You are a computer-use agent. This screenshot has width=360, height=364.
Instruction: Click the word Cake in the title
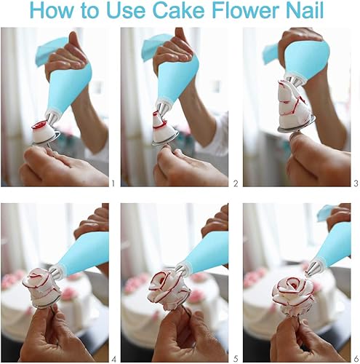click(178, 10)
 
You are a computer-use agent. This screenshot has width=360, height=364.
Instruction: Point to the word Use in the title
click(126, 10)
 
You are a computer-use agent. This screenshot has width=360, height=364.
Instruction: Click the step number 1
click(113, 183)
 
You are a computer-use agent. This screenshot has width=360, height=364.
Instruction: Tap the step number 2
click(236, 183)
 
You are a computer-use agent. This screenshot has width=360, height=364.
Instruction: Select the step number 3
click(356, 183)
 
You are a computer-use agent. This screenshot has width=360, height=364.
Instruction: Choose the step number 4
click(113, 359)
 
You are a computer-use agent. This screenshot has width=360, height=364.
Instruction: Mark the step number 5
click(236, 359)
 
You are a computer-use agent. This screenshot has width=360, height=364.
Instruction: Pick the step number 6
click(356, 359)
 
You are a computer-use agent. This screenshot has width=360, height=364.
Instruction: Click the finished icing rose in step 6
click(292, 296)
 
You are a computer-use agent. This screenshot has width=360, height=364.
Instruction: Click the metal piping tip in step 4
click(55, 272)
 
